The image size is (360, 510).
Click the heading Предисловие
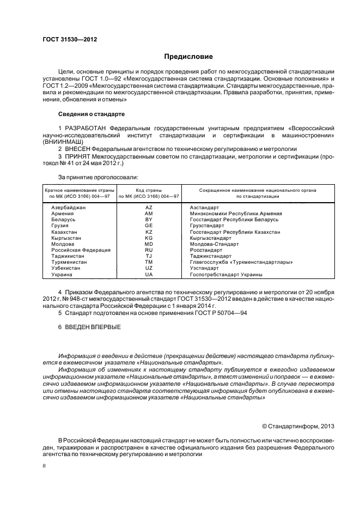click(188, 57)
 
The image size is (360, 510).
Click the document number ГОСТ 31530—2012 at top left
click(66, 39)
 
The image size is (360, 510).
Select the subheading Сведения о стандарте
click(91, 114)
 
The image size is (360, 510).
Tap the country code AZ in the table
click(149, 208)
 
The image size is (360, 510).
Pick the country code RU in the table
click(149, 250)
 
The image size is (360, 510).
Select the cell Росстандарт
click(206, 250)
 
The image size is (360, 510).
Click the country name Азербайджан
click(69, 208)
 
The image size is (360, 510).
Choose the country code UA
click(149, 275)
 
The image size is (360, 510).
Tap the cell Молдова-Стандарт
click(215, 244)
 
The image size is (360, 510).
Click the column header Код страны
click(149, 190)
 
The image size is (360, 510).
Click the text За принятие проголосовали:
click(98, 177)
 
